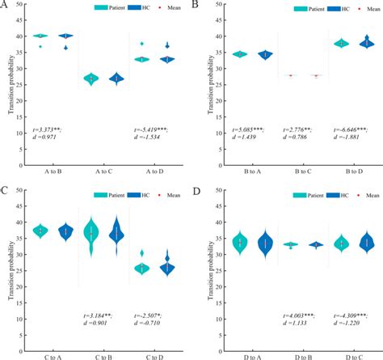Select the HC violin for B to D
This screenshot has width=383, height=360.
coord(367,43)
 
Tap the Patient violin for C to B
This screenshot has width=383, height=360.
coord(91,234)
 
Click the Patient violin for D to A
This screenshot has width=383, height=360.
coord(239,242)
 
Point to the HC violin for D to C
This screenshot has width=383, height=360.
coord(367,242)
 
